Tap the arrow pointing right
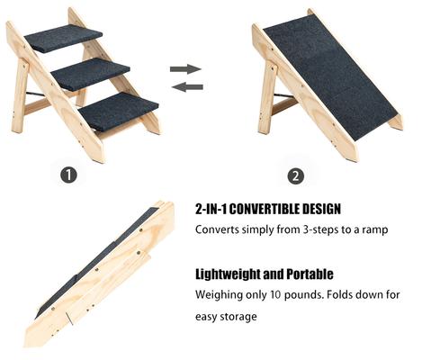(x=184, y=68)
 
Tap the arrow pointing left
(x=184, y=86)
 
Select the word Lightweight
(x=229, y=274)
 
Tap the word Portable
(x=310, y=274)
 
